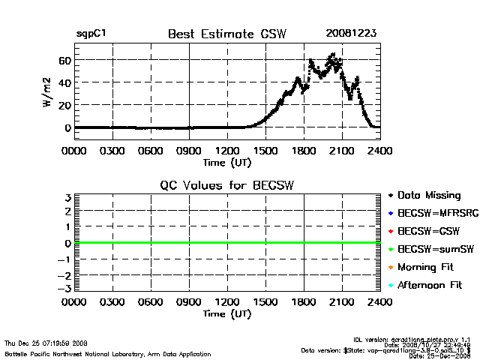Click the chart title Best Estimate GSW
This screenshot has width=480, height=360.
point(226,34)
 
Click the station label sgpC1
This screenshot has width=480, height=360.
point(91,34)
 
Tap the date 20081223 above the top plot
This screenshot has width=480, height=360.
point(350,34)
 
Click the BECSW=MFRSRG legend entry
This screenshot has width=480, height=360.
point(434,214)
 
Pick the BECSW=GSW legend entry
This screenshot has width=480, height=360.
point(427,232)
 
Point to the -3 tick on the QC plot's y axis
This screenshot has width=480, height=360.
point(66,289)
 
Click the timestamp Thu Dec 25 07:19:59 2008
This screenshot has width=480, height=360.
point(46,343)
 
